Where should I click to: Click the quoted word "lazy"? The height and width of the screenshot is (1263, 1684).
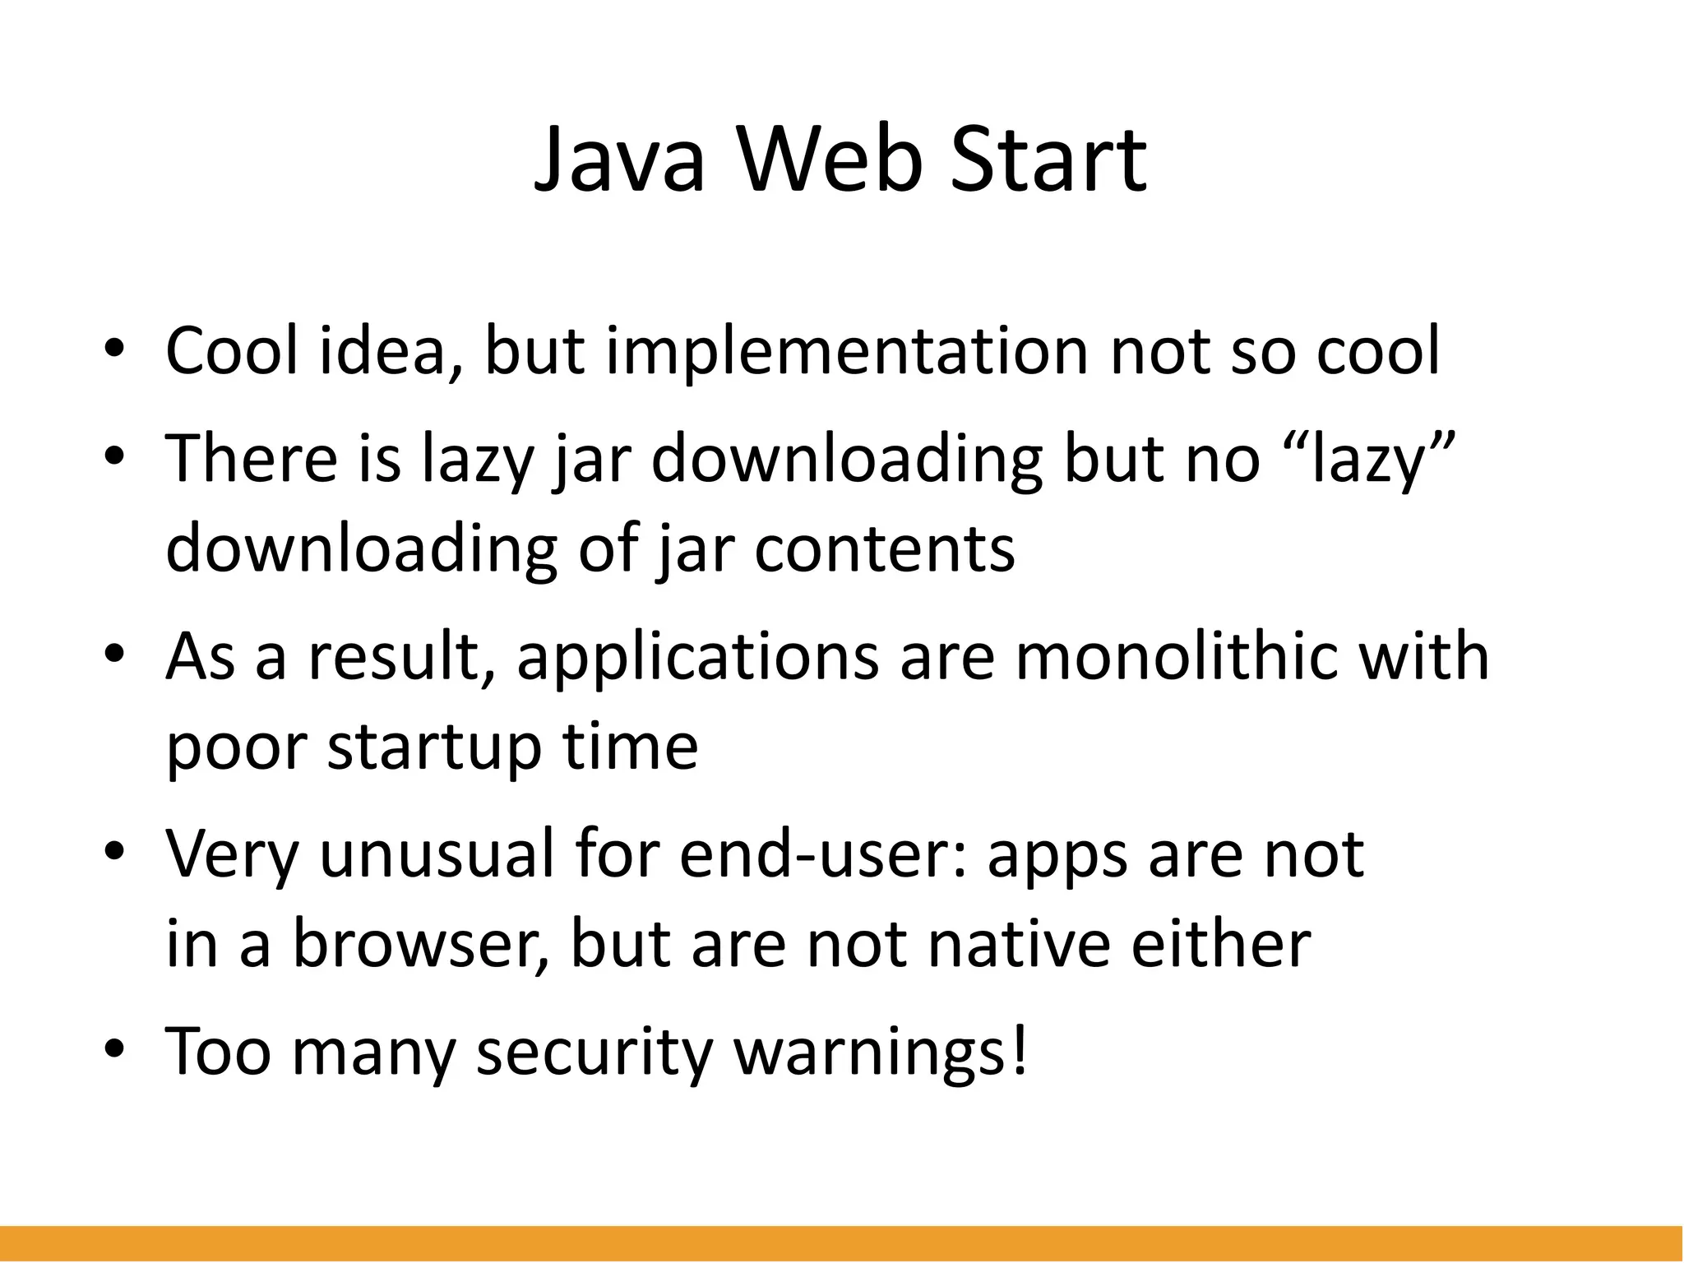coord(1370,458)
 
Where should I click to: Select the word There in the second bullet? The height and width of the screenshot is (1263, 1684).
coord(252,458)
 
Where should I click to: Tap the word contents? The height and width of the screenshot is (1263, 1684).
coord(884,549)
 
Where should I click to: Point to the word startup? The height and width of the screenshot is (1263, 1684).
coord(434,748)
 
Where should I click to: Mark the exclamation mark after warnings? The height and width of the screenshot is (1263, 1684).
coord(1020,1050)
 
